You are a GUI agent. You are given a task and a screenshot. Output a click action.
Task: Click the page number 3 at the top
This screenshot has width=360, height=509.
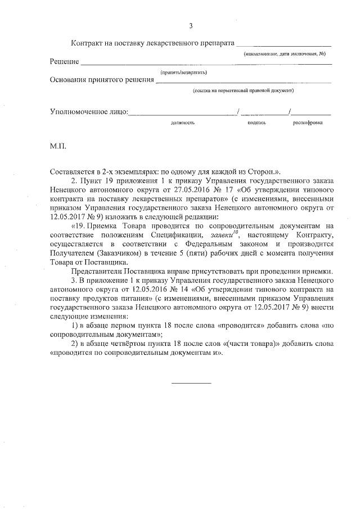[x=191, y=26]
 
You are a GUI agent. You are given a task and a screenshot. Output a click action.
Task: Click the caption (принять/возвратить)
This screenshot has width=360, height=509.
[x=184, y=72]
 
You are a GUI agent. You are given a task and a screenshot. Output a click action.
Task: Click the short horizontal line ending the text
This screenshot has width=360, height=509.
[x=191, y=383]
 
